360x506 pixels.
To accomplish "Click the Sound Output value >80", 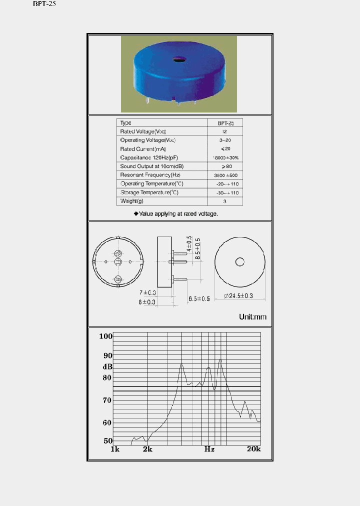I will pyautogui.click(x=224, y=166).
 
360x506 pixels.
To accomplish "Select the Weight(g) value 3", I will pyautogui.click(x=224, y=201).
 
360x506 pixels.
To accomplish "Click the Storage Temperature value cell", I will pyautogui.click(x=224, y=192).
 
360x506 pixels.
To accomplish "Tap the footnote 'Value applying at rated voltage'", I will pyautogui.click(x=176, y=213).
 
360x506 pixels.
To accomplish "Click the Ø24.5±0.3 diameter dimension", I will pyautogui.click(x=239, y=296).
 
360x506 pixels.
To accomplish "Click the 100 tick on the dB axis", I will pyautogui.click(x=105, y=336).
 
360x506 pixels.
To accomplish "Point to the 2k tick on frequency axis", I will pyautogui.click(x=147, y=449).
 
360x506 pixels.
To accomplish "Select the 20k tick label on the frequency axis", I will pyautogui.click(x=253, y=449).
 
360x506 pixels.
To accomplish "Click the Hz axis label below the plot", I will pyautogui.click(x=209, y=449).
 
